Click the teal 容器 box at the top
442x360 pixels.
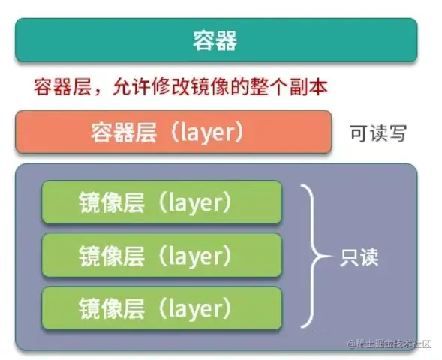(x=216, y=40)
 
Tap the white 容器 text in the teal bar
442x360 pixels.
(x=215, y=40)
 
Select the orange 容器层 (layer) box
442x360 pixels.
(x=173, y=132)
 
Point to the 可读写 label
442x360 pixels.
(x=378, y=133)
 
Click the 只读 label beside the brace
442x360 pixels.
(x=359, y=257)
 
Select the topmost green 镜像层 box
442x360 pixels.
(x=162, y=202)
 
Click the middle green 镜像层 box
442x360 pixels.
(x=162, y=255)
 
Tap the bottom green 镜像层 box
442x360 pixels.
(x=162, y=308)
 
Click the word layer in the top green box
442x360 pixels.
(x=195, y=203)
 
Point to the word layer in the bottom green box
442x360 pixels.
(x=195, y=309)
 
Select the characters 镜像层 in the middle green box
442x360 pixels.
(x=112, y=256)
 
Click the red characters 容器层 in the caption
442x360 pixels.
(x=62, y=86)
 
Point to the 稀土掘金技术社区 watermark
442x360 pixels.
(x=394, y=344)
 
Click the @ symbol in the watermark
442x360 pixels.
(x=352, y=344)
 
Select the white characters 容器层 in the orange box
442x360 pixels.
(x=124, y=133)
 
